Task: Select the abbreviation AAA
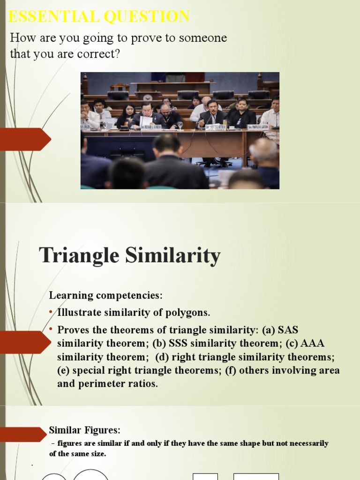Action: (314, 344)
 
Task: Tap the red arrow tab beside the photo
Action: (26, 139)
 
